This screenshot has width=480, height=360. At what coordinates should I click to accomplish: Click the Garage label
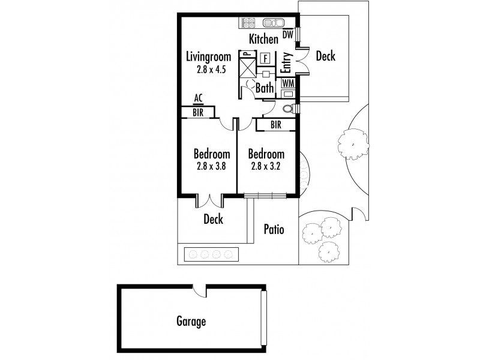click(191, 322)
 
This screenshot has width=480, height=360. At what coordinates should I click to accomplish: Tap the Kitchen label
click(264, 40)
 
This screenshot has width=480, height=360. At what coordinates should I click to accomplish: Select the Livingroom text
click(208, 58)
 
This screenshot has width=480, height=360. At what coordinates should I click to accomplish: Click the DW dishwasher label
click(288, 35)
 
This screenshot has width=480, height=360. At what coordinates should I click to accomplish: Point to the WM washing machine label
click(288, 83)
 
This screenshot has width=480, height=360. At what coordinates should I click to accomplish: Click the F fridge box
click(265, 58)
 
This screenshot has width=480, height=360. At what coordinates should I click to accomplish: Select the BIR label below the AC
click(198, 112)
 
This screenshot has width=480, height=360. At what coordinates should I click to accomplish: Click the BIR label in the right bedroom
click(276, 125)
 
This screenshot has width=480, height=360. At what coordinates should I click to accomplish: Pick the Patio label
click(274, 229)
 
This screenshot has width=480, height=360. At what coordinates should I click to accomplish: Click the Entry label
click(286, 62)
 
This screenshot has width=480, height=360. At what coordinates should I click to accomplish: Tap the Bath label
click(265, 88)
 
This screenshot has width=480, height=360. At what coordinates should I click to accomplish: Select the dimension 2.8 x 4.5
click(209, 69)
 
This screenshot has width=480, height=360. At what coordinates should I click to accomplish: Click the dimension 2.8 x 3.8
click(211, 167)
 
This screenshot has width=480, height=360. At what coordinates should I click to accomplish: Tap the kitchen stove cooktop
click(249, 23)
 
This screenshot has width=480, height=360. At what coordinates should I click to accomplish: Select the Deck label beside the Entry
click(325, 56)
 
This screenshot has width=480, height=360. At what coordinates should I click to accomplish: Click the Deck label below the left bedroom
click(213, 219)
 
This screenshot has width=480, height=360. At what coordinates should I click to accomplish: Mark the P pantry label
click(245, 55)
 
